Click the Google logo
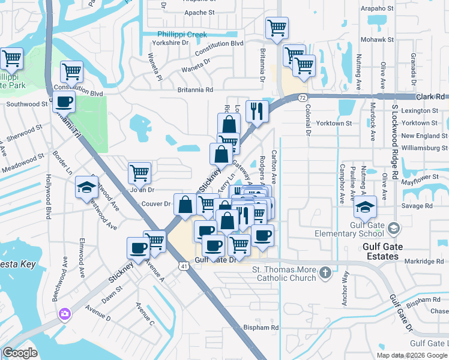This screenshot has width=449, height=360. tap(21, 353)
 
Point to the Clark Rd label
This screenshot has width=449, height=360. tap(432, 97)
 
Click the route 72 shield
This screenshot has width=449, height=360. tap(302, 97)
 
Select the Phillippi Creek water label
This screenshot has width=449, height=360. tap(182, 35)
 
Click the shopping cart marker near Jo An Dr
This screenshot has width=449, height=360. tap(139, 173)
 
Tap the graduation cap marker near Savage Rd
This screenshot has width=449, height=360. tap(365, 206)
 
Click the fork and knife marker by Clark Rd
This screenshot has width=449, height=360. tap(257, 111)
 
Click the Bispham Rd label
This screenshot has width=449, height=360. tap(261, 328)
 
